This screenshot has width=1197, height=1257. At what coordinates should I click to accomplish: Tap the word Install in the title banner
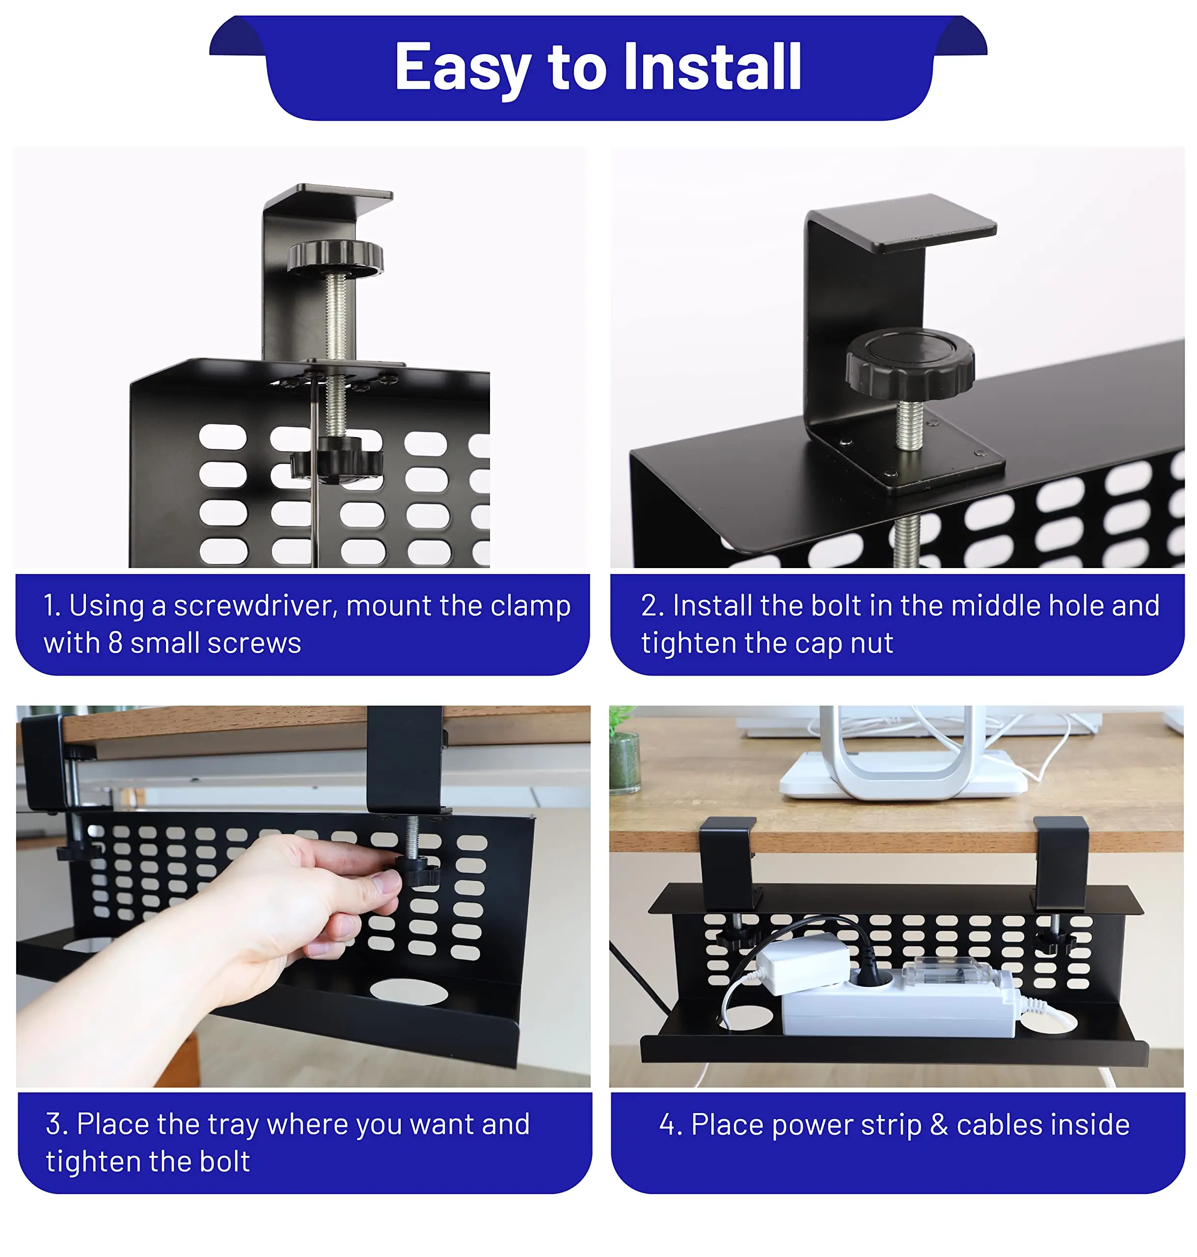tap(713, 66)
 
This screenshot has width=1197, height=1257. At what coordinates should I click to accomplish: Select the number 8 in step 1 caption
tap(115, 643)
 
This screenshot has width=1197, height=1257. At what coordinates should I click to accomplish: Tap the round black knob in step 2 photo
tap(910, 363)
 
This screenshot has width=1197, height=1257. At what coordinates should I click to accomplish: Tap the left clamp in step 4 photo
tap(729, 863)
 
